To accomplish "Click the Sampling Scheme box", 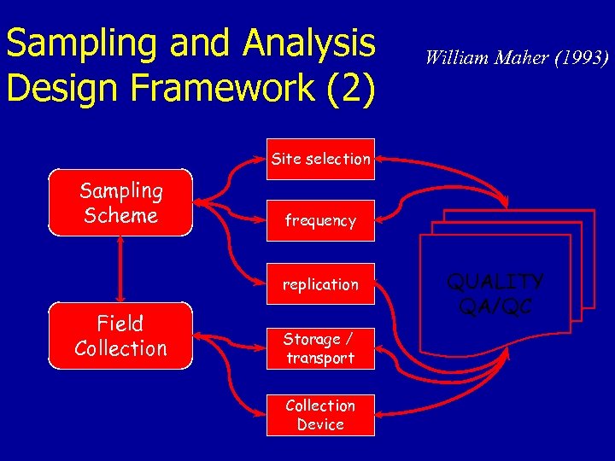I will coord(120,204).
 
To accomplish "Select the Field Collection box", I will coord(120,336).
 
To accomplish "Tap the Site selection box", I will coord(320,159).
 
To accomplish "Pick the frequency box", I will coord(320,221).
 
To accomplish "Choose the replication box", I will coord(320,284).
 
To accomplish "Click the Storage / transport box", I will coord(320,348).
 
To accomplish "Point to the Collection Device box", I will coord(320,415).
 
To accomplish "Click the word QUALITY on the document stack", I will coord(495,282).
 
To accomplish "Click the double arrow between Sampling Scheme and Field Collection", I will coord(120,269).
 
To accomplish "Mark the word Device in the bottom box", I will coord(320,424).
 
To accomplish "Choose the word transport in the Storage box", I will coord(320,359).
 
